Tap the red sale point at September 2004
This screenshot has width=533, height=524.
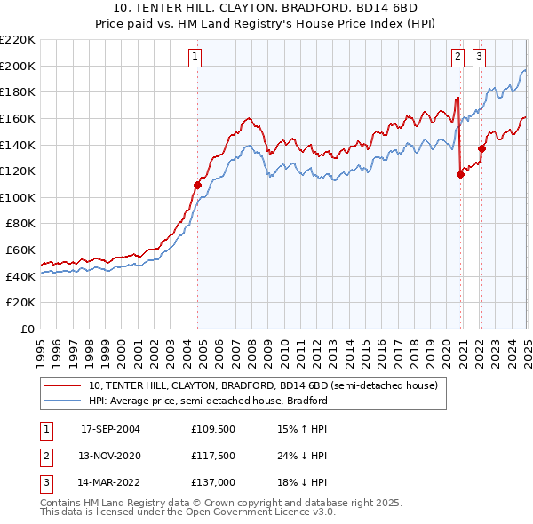[x=197, y=185]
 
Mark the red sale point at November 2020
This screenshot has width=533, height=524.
[x=460, y=174]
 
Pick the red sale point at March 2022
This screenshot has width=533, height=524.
[x=481, y=148]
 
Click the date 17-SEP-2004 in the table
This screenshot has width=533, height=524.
[x=110, y=428]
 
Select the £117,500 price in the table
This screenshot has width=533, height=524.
[x=211, y=456]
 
